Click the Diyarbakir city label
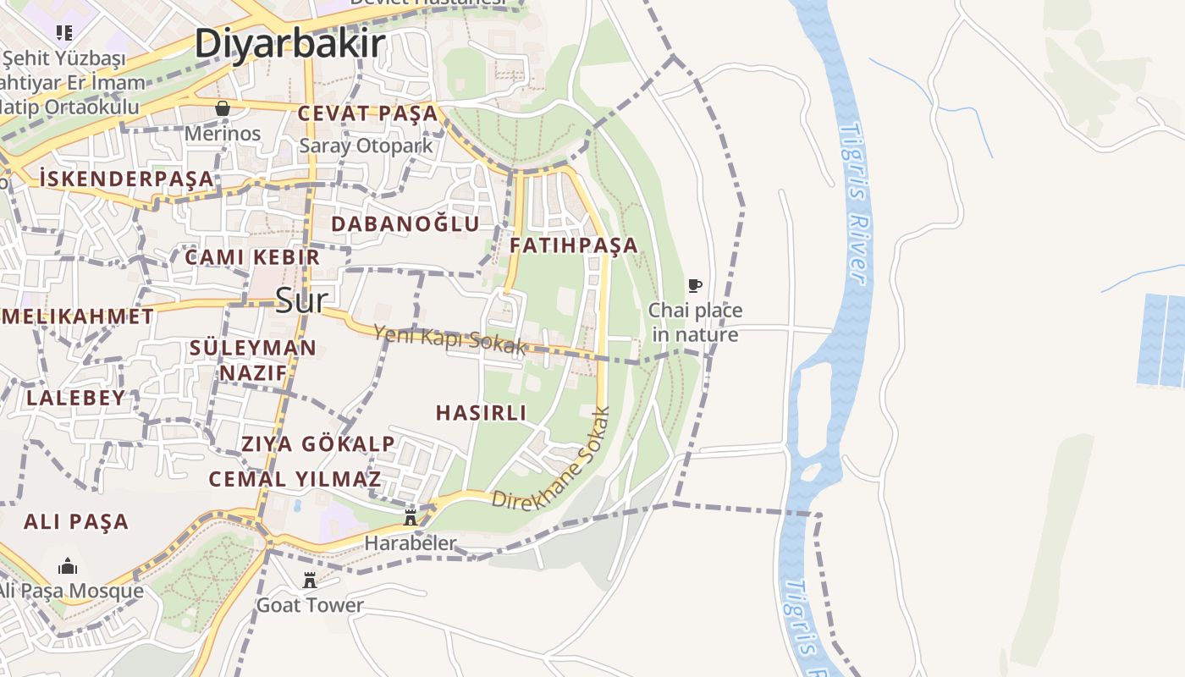289,44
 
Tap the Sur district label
300,300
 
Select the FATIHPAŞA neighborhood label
573,245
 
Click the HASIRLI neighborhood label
481,413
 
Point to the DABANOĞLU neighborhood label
405,224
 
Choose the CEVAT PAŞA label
367,113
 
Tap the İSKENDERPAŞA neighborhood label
126,179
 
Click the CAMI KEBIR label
252,257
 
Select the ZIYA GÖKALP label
317,444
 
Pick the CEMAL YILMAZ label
295,479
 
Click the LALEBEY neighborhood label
75,398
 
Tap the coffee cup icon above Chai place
695,285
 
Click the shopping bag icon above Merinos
223,108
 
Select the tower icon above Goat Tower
310,581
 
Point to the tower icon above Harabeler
411,517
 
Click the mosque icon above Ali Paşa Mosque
68,566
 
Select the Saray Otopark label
366,146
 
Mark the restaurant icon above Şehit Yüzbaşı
64,33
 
